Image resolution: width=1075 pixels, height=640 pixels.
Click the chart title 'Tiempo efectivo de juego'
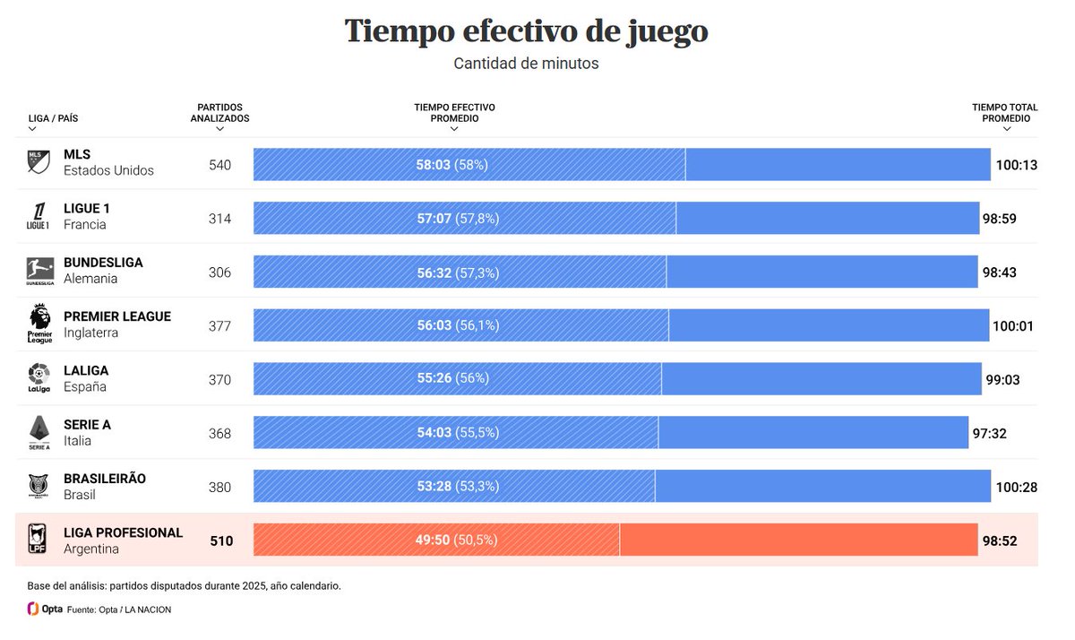click(526, 30)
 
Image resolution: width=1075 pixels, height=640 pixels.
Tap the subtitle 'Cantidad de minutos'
click(526, 64)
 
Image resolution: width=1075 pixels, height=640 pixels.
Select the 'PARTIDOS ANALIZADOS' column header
click(219, 113)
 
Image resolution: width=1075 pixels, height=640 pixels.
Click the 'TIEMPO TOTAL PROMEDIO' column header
click(1005, 113)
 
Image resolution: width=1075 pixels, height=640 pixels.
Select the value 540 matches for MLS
click(219, 165)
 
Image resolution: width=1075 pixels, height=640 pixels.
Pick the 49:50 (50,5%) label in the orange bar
click(456, 540)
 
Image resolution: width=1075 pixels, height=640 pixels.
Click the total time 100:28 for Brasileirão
click(1015, 487)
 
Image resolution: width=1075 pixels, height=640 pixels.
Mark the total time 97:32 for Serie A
click(989, 433)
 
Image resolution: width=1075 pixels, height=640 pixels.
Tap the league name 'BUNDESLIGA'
click(103, 263)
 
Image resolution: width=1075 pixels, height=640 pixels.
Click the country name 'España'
click(85, 386)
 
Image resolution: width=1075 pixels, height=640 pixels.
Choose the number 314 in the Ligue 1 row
click(219, 219)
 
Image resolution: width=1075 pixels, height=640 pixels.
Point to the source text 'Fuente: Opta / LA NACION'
click(119, 610)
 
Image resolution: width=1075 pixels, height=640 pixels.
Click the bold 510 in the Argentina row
click(221, 541)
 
